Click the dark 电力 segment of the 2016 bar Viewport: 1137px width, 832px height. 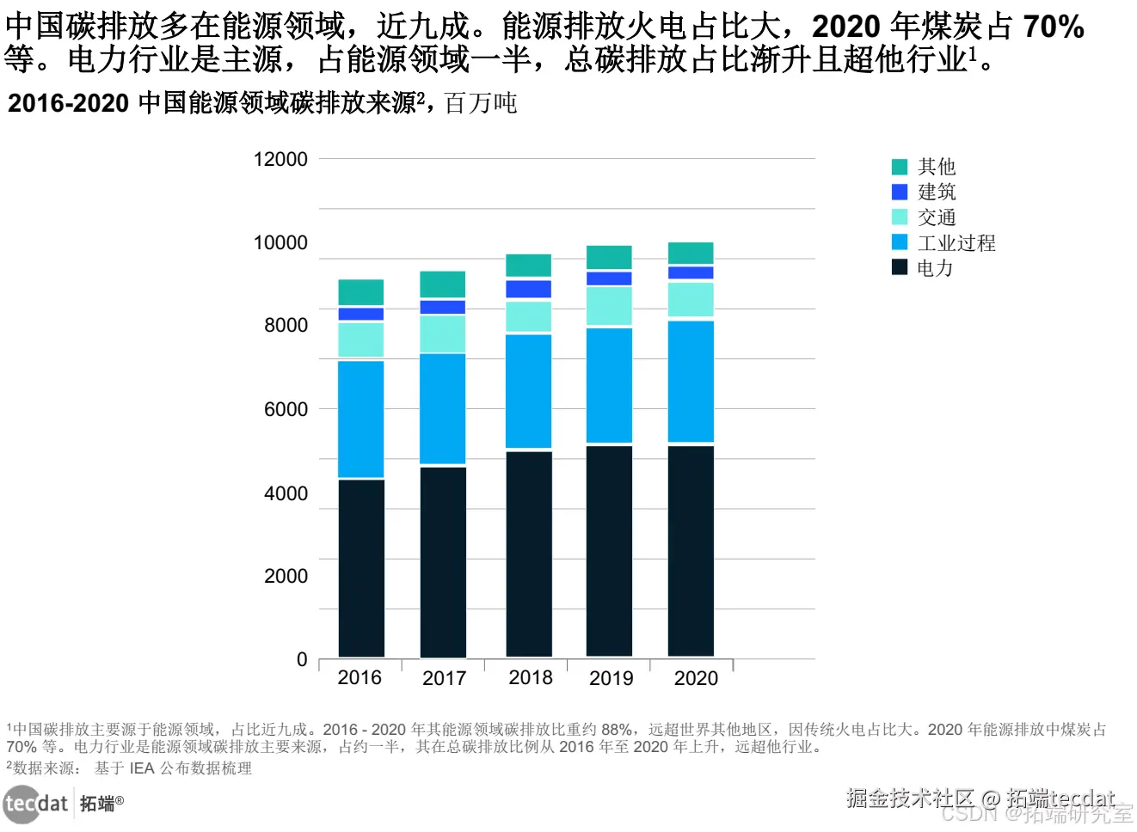click(x=361, y=567)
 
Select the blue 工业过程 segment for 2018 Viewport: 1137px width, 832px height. click(x=529, y=391)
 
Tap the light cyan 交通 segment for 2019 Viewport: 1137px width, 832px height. click(x=609, y=305)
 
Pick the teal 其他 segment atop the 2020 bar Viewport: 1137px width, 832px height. click(x=691, y=253)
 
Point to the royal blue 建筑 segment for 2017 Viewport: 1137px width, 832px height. click(x=443, y=307)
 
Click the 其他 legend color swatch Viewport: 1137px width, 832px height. click(x=900, y=167)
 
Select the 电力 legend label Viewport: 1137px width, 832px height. click(x=935, y=268)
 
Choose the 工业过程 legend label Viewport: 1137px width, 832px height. click(x=956, y=243)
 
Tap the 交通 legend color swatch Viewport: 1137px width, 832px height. click(x=900, y=217)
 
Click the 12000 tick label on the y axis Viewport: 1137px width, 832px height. click(x=280, y=160)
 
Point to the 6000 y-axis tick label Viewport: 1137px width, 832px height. click(x=286, y=410)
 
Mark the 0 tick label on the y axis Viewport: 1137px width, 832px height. click(x=302, y=660)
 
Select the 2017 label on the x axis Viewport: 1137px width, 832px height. click(x=444, y=679)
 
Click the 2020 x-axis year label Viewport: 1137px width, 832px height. click(x=696, y=679)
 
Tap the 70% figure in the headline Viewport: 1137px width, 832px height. click(x=1053, y=28)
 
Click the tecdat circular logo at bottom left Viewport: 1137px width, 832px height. click(x=22, y=804)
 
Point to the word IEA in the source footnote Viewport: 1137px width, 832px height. click(x=142, y=768)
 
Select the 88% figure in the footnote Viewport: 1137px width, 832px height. click(x=617, y=730)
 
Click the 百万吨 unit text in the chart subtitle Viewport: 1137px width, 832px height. click(x=481, y=103)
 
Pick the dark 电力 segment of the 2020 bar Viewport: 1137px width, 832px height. click(x=691, y=550)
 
